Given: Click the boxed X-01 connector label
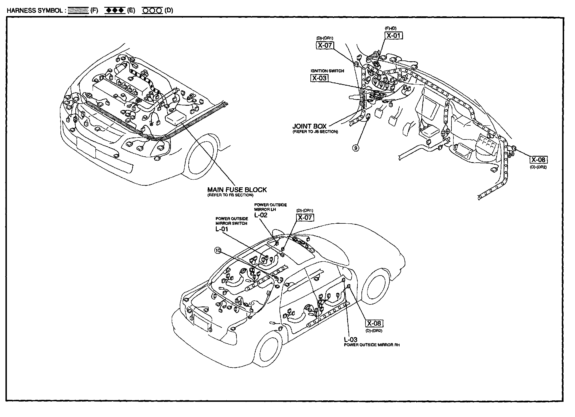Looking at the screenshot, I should (x=393, y=36).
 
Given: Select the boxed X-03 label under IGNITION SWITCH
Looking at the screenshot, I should (x=319, y=78).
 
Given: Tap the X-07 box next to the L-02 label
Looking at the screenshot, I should (x=305, y=217).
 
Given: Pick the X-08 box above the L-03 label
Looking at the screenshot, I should (x=374, y=323).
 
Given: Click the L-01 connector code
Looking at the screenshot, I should (x=222, y=229).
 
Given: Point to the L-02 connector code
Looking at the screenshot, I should (x=261, y=215).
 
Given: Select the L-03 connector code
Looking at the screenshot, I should (x=351, y=340).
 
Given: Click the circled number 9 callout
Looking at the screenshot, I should (x=355, y=148).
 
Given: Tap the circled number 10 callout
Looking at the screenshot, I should (x=218, y=251).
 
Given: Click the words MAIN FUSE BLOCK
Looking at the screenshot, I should (x=237, y=190).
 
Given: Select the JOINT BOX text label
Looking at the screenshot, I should (x=309, y=126).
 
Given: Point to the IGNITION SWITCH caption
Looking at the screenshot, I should (x=327, y=71).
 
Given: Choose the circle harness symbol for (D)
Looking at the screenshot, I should (x=152, y=11).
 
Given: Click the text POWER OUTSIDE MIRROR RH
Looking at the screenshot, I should (x=372, y=345).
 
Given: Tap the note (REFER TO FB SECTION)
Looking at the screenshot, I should (x=230, y=195).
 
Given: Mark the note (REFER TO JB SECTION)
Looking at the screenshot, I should (x=315, y=132).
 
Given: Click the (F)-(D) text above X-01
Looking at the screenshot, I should (x=391, y=28).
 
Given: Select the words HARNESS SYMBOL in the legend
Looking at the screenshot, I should (x=34, y=11).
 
